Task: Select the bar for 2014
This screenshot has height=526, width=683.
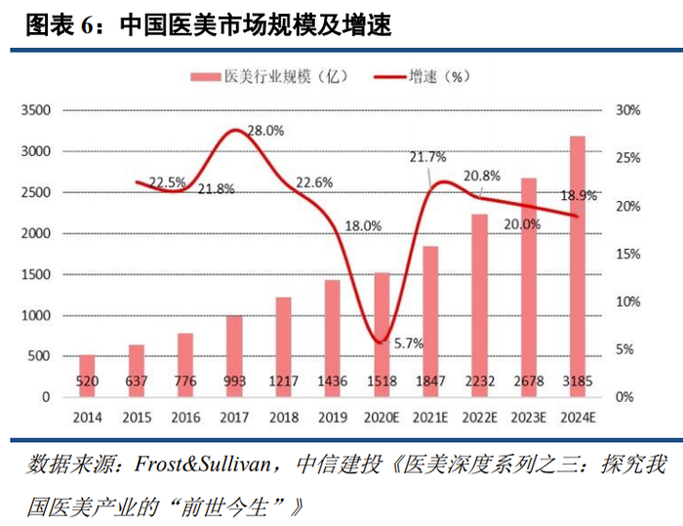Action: [87, 376]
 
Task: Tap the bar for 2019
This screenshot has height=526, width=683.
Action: [332, 338]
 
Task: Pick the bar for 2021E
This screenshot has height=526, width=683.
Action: [430, 321]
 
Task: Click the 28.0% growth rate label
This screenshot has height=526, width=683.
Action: [265, 130]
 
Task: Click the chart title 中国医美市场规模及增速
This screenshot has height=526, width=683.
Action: [256, 26]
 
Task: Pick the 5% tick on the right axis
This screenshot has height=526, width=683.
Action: [631, 349]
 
